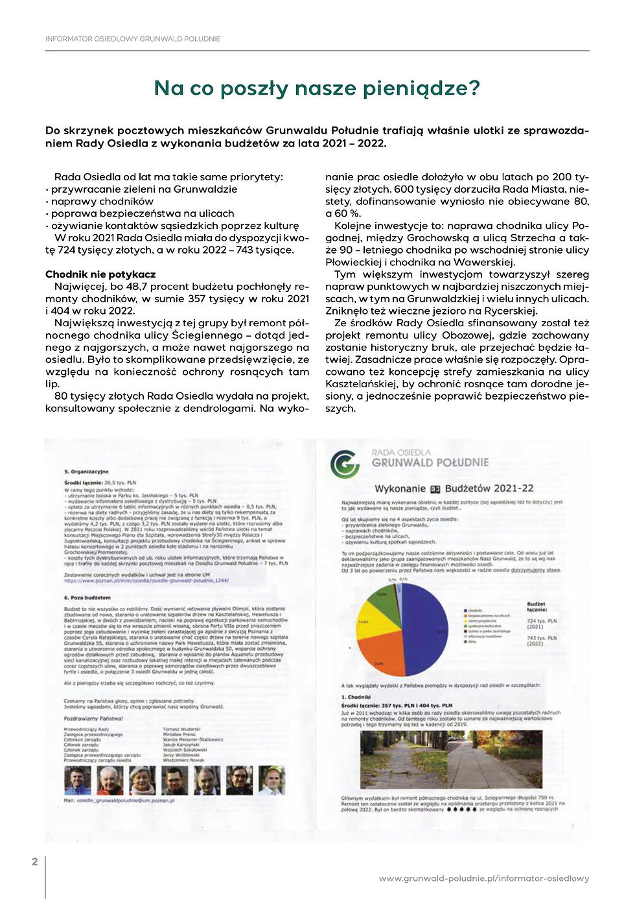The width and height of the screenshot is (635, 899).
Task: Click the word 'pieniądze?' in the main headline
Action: click(x=421, y=88)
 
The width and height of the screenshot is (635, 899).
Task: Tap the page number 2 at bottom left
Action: click(x=35, y=861)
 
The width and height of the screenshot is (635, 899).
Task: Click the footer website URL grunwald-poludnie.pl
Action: click(x=484, y=878)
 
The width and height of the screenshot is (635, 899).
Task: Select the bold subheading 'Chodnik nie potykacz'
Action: click(x=100, y=274)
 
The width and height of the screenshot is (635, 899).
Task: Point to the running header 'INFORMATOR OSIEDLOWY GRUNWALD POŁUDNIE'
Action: click(x=133, y=39)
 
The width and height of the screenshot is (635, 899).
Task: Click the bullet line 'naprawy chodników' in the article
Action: click(x=102, y=201)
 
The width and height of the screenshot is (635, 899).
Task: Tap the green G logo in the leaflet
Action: click(x=345, y=464)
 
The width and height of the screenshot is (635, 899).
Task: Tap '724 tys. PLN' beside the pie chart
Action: click(x=542, y=623)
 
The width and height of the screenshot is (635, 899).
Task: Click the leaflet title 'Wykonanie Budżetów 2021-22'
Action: click(x=454, y=488)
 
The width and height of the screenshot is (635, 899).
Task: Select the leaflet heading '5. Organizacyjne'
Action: click(x=86, y=472)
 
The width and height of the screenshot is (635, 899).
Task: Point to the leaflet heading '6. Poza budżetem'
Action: click(x=87, y=597)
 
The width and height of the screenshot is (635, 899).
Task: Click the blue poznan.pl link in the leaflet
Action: click(x=146, y=581)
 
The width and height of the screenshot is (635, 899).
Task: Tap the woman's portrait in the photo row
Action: click(x=142, y=780)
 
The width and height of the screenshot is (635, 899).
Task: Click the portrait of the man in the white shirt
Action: click(x=272, y=780)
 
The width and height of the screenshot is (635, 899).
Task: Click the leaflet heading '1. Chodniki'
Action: click(x=356, y=697)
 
